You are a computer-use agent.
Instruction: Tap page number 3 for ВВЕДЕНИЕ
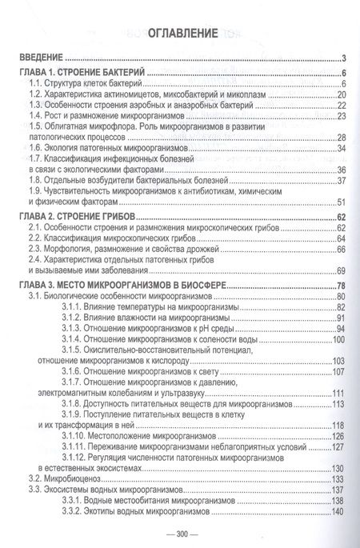click(x=342, y=59)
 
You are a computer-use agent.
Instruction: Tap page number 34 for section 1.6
click(x=339, y=148)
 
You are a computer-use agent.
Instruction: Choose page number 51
click(x=339, y=201)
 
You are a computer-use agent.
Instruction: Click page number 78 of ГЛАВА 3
click(x=339, y=286)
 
